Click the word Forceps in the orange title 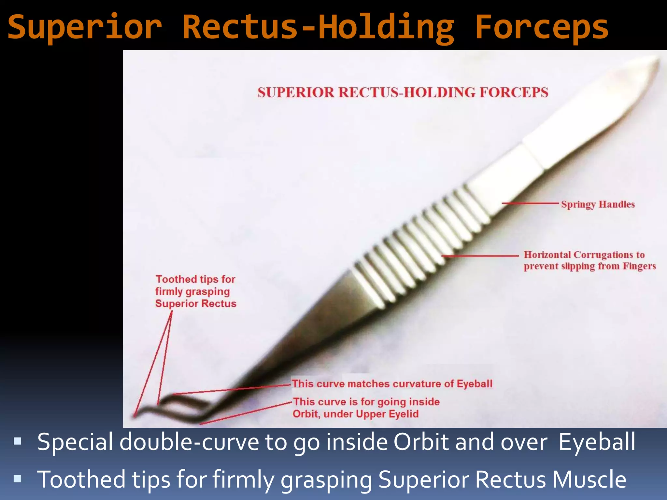coord(541,27)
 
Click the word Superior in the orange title coord(85,27)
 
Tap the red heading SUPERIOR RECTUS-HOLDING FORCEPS coord(403,92)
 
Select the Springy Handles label coord(598,204)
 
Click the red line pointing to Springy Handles coord(530,203)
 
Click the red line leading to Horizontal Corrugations coord(480,256)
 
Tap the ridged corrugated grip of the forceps coord(420,247)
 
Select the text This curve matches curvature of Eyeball coord(392,384)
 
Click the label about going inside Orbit coord(366,408)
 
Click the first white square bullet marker coord(18,441)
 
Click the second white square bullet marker coord(18,479)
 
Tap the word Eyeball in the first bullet coord(597,442)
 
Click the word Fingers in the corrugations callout coord(639,266)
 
